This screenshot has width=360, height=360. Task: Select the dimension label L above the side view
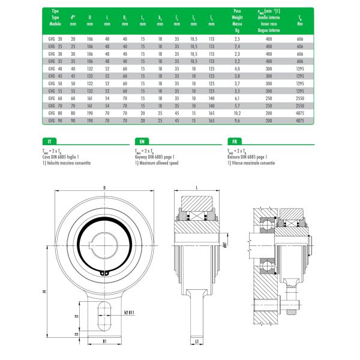197,188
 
